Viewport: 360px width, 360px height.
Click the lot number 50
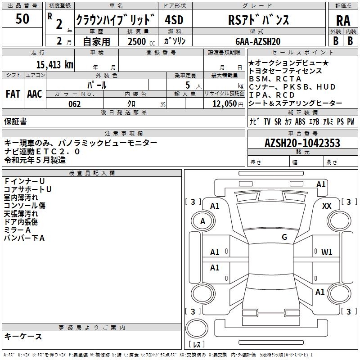[x=22, y=19]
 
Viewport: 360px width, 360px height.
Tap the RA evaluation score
[x=343, y=21]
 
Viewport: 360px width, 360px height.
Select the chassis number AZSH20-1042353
[x=302, y=143]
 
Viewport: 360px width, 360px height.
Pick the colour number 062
[x=75, y=104]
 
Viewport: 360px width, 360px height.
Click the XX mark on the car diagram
[x=327, y=206]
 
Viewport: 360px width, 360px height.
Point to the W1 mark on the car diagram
[x=327, y=252]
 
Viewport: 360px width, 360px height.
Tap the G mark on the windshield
[x=284, y=237]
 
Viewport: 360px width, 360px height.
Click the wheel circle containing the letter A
[x=203, y=221]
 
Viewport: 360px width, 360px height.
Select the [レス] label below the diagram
[x=197, y=344]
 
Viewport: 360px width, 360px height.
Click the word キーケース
[x=23, y=337]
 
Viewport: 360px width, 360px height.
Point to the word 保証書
[x=15, y=121]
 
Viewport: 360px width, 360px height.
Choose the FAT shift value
[x=13, y=94]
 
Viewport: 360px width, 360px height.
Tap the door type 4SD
[x=174, y=21]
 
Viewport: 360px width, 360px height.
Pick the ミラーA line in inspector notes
[x=18, y=229]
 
